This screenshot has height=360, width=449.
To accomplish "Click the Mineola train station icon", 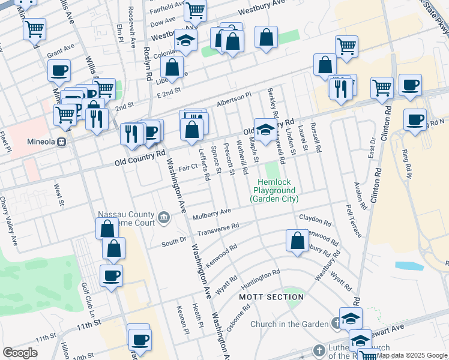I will tap(61, 142).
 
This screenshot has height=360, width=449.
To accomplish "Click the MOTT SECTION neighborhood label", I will tap(271, 297).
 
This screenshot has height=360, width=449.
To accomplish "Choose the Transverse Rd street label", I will tap(218, 228).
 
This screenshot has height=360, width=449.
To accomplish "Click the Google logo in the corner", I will tap(20, 353).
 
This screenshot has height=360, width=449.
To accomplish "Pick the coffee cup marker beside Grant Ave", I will tap(59, 71).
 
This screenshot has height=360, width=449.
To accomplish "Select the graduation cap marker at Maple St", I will tap(265, 128).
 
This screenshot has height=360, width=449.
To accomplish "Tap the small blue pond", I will tap(409, 265).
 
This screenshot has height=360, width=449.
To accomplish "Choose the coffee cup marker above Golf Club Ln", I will tap(111, 275).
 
